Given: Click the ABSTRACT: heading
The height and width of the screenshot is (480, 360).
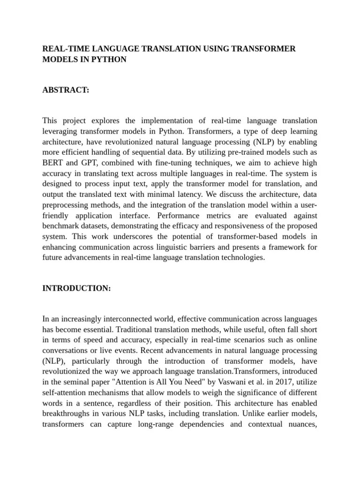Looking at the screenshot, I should point(66,90).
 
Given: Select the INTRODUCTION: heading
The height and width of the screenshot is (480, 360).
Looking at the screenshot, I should point(76,289).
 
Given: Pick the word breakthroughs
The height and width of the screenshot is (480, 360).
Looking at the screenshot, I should point(66,413).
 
